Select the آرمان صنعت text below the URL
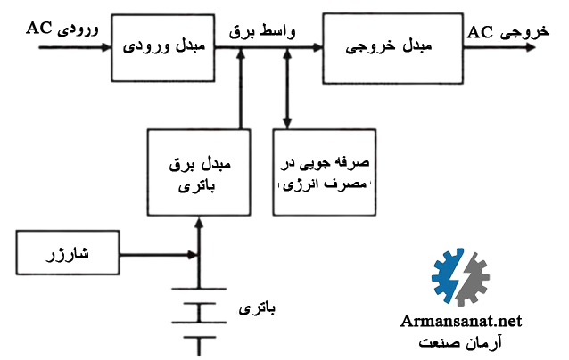(459, 343)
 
